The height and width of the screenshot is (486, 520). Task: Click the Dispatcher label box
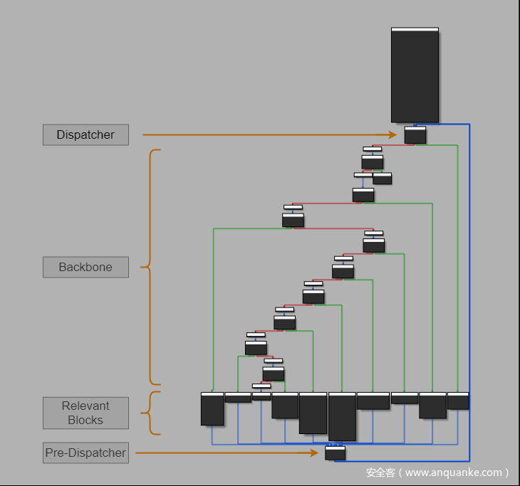85,134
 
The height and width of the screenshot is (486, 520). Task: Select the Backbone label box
85,268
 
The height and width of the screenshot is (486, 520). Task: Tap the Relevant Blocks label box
85,413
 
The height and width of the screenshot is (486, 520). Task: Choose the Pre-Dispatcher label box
85,453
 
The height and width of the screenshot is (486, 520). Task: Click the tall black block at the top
415,75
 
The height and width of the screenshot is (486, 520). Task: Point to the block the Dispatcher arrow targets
415,134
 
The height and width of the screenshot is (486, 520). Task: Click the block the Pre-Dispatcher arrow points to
335,453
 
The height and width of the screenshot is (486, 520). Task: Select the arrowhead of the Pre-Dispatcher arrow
315,453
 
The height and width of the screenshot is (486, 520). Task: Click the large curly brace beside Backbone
151,268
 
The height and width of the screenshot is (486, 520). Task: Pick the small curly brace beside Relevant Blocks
150,413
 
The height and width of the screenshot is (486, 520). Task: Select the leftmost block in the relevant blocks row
212,409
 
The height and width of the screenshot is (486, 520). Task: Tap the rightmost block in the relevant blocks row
458,401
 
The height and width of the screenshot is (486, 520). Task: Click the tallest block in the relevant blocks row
342,417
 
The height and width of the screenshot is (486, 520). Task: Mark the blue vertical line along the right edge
469,285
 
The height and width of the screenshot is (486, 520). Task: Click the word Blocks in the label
85,420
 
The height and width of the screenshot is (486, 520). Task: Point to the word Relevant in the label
85,406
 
